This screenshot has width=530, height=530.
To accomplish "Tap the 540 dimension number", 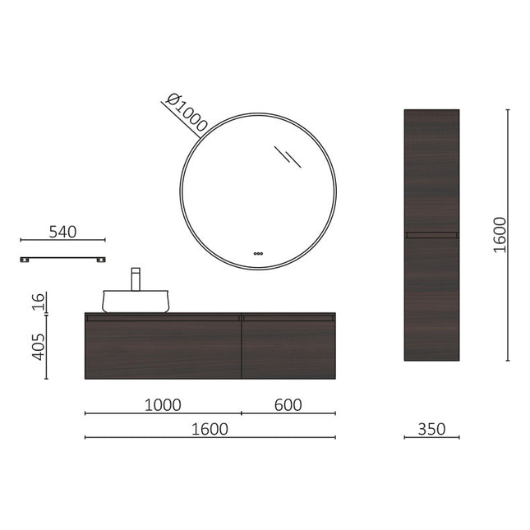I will (62, 232).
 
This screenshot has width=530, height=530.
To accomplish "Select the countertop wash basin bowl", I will (135, 302).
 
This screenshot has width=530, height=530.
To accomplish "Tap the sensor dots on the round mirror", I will (258, 253).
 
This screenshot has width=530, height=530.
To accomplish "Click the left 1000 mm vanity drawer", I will (163, 348).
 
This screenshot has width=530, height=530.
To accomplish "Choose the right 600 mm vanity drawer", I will (288, 348).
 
